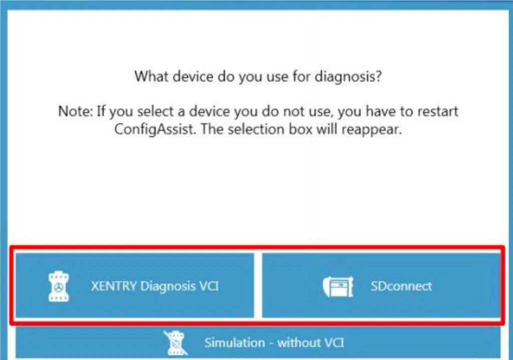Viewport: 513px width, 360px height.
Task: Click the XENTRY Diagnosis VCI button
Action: click(x=134, y=285)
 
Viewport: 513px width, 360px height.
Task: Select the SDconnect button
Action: click(x=381, y=285)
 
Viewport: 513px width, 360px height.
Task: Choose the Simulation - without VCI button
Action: click(x=258, y=342)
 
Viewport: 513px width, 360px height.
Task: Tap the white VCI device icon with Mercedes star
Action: click(x=59, y=286)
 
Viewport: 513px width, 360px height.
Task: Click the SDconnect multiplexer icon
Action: click(x=338, y=287)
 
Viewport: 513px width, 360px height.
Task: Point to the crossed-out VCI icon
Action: click(x=176, y=343)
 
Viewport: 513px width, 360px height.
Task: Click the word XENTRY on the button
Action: click(x=114, y=286)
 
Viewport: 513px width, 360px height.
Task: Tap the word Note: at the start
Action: click(x=75, y=111)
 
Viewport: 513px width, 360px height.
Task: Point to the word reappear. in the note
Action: click(x=372, y=130)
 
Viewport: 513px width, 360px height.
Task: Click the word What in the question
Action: click(x=151, y=76)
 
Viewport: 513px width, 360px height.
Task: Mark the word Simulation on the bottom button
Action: click(x=234, y=342)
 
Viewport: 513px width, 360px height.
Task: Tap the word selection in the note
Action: click(x=256, y=129)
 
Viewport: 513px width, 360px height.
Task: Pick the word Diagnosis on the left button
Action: click(x=168, y=286)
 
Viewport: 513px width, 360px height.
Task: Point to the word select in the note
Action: click(x=155, y=111)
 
